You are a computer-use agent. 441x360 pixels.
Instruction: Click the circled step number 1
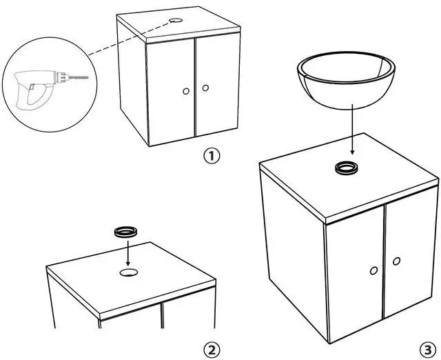tap(212, 156)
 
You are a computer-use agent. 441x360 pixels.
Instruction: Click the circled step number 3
tap(428, 348)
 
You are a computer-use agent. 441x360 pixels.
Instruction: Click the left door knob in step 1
tap(186, 91)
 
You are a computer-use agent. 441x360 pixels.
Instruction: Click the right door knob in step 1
tap(205, 88)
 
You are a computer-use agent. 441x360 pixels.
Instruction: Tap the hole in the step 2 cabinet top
tap(128, 273)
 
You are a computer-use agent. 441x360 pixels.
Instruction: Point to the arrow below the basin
tap(351, 131)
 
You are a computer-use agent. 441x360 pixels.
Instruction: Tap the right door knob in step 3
tap(397, 261)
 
